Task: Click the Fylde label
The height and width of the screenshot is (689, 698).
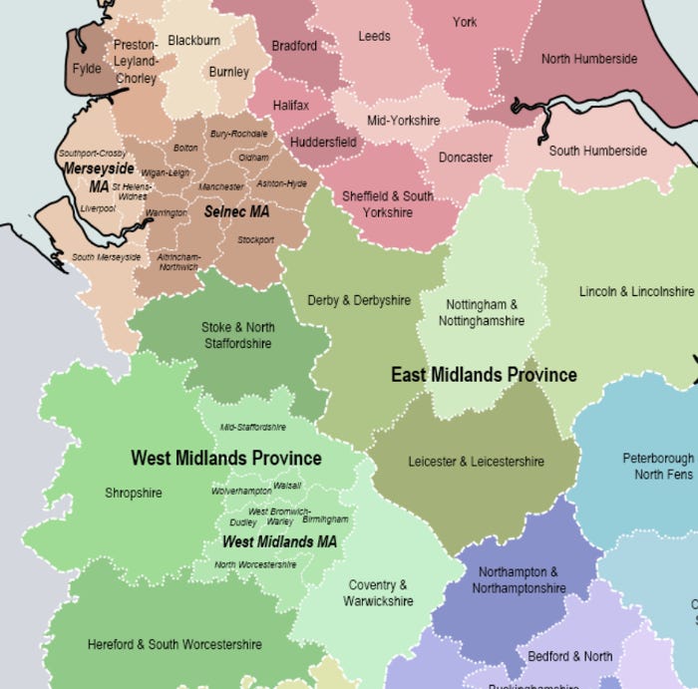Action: [87, 70]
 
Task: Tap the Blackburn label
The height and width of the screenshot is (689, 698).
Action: [193, 41]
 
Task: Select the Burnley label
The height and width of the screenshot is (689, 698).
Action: [229, 72]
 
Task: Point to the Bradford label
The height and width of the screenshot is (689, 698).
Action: [294, 46]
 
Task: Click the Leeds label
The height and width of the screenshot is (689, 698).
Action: [374, 37]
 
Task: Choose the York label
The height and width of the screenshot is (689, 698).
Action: [465, 22]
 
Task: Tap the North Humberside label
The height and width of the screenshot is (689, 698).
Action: [588, 59]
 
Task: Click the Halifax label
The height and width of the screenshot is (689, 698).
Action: [292, 105]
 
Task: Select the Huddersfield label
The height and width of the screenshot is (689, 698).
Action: [323, 143]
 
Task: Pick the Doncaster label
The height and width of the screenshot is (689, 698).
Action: [466, 158]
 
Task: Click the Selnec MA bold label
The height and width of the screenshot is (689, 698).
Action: [236, 211]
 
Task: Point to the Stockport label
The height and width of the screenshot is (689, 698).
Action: [255, 240]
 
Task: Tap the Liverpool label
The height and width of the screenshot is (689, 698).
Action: [99, 208]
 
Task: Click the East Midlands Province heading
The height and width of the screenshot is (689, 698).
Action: [484, 375]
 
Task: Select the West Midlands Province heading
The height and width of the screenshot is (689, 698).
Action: [226, 459]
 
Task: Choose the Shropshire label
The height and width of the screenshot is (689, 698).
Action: [133, 493]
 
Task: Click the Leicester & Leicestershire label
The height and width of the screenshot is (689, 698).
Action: [476, 462]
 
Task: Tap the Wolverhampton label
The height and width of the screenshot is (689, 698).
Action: [241, 492]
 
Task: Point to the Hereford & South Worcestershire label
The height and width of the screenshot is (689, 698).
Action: [174, 644]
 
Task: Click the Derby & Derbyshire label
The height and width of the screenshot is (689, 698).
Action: [359, 300]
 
